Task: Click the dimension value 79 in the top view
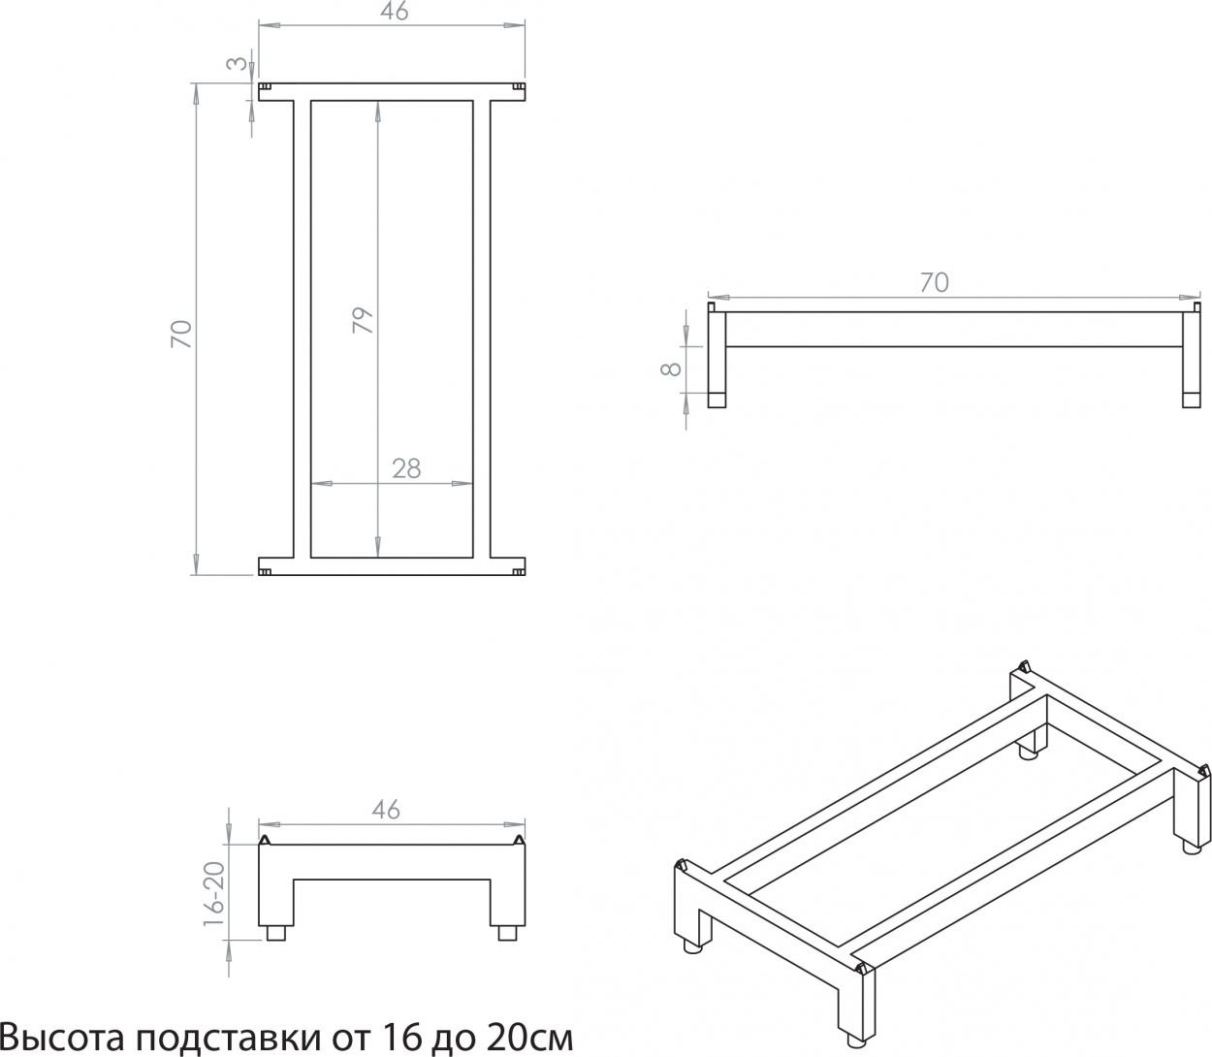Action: (363, 320)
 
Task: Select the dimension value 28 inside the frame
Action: (406, 469)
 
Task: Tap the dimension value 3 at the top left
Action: (237, 63)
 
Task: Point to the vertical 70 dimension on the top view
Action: (181, 334)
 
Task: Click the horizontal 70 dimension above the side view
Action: (934, 282)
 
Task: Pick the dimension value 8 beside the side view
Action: (670, 368)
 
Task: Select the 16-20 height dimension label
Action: (214, 894)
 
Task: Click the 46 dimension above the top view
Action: (395, 12)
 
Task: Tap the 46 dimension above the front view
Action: (386, 810)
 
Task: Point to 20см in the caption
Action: (529, 1037)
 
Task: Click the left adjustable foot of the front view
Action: (275, 933)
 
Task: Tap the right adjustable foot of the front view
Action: (507, 933)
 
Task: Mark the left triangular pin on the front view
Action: (265, 840)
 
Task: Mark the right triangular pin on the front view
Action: (519, 840)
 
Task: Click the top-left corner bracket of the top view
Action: (265, 87)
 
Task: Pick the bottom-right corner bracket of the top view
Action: (519, 572)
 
